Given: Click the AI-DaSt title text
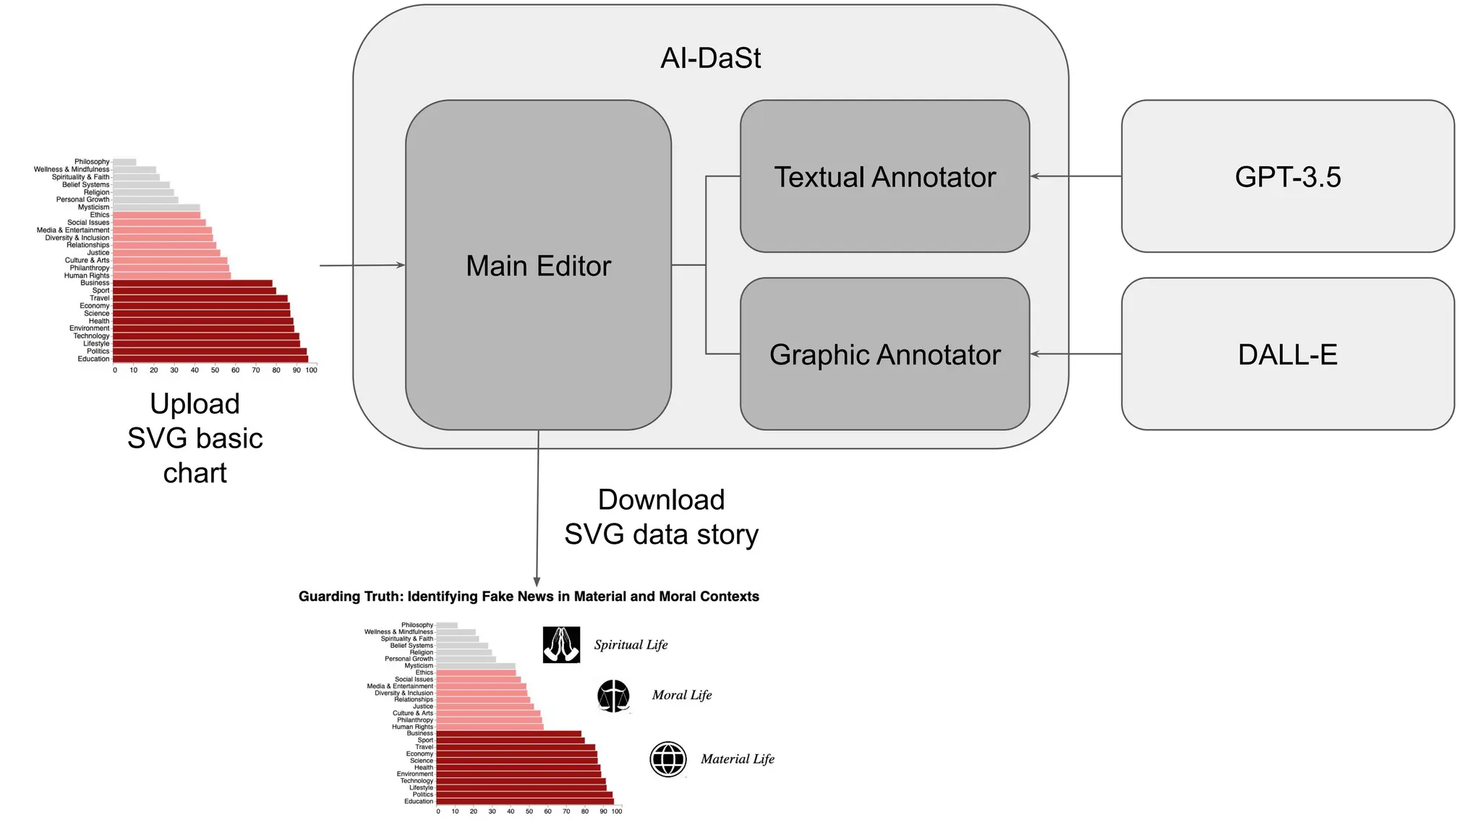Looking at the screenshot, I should (x=710, y=58).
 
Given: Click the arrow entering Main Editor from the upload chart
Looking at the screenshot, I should (x=362, y=265).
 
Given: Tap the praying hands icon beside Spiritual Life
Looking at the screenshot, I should (x=561, y=644).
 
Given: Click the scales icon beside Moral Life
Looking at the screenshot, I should (x=613, y=696).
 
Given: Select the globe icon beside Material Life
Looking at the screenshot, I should (x=667, y=759).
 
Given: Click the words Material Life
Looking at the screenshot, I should (x=737, y=759).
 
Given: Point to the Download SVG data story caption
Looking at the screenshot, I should (x=661, y=517).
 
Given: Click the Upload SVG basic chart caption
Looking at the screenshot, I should (x=195, y=438).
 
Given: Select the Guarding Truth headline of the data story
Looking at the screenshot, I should (x=529, y=597).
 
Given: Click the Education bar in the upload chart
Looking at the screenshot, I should (x=210, y=359).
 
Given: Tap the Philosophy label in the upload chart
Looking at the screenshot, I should (x=92, y=162).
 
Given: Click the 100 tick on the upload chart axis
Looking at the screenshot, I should (x=311, y=370).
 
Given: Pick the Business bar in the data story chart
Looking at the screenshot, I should (x=508, y=733).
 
